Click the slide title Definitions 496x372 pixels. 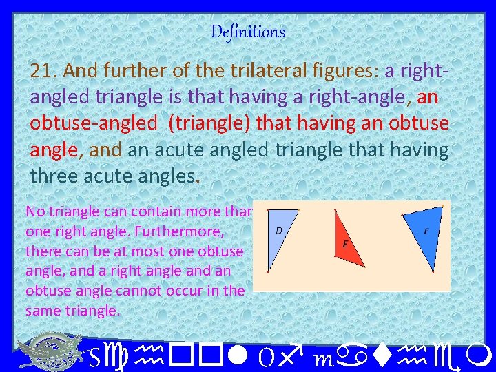point(248,32)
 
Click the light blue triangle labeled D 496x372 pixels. point(278,238)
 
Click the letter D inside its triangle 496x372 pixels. point(278,230)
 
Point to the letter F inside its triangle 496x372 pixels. point(426,231)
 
